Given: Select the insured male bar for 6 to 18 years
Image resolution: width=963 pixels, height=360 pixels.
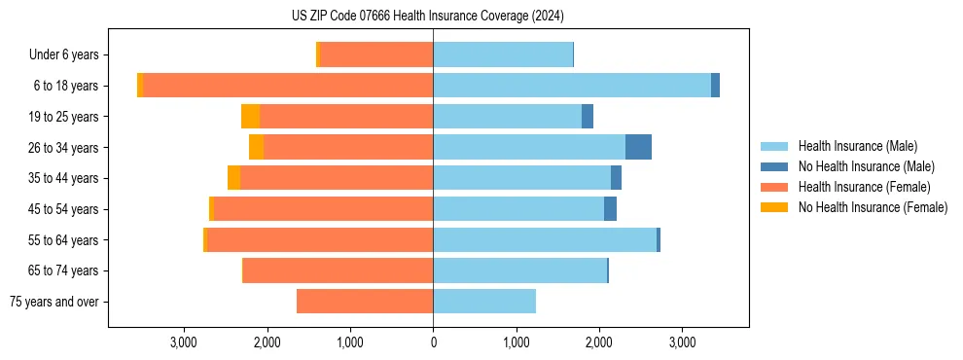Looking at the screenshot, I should (572, 86).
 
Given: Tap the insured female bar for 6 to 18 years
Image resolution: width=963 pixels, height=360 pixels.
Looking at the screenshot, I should (288, 86).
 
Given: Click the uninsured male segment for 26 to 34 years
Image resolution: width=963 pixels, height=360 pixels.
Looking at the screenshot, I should (638, 147).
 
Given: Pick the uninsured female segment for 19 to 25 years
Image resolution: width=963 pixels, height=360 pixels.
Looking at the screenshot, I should (250, 117).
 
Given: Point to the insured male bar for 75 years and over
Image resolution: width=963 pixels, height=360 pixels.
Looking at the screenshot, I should (484, 302).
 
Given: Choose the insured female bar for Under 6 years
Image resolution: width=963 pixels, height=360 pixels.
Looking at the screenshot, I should (376, 54).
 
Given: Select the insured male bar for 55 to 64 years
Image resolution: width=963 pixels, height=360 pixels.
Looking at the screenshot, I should (545, 239).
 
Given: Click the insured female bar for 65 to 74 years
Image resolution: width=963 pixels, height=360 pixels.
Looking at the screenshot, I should (339, 270).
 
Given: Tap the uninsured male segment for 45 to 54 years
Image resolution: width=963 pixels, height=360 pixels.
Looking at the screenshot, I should (610, 209).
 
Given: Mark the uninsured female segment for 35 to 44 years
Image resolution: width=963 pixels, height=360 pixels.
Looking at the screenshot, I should (233, 178).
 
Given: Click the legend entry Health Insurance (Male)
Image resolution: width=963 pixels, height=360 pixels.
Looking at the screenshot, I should (857, 146).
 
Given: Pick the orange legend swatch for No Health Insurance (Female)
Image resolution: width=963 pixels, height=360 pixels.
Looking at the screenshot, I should (774, 207).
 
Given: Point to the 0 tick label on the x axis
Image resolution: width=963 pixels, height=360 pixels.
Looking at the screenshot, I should (433, 342).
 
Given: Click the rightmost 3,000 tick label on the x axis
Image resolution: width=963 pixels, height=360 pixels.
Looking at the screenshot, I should (682, 342).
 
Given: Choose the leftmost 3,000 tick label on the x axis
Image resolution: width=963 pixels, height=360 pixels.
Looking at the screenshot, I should (184, 342).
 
